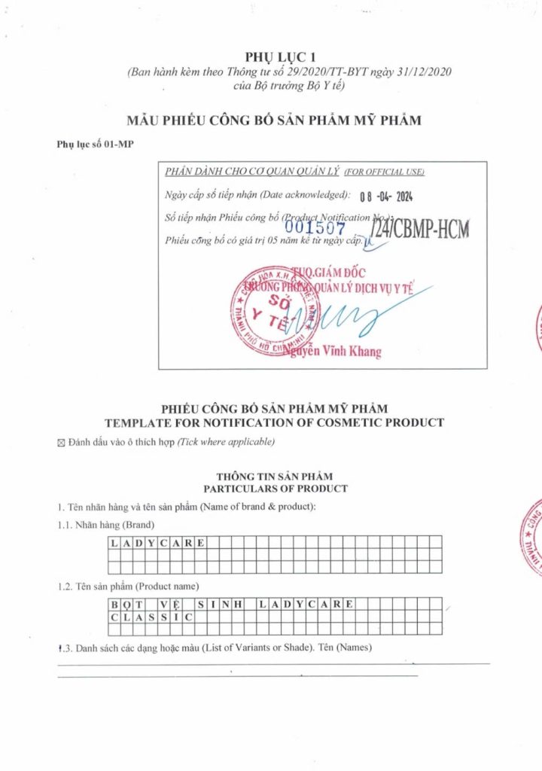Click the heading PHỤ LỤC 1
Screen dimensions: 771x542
click(x=270, y=57)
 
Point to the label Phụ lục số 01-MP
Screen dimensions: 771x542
click(x=95, y=143)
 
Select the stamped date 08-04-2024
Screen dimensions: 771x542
click(x=387, y=197)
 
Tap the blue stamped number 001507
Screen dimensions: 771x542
click(x=315, y=225)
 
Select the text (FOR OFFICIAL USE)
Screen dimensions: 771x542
click(x=384, y=172)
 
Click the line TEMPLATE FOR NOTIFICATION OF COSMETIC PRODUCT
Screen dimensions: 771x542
click(x=274, y=422)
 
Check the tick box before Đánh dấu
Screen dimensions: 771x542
click(x=62, y=442)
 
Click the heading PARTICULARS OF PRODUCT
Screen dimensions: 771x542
click(x=275, y=489)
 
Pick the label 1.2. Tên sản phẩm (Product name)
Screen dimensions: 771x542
click(x=127, y=586)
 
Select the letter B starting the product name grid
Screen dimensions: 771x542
click(x=114, y=604)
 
